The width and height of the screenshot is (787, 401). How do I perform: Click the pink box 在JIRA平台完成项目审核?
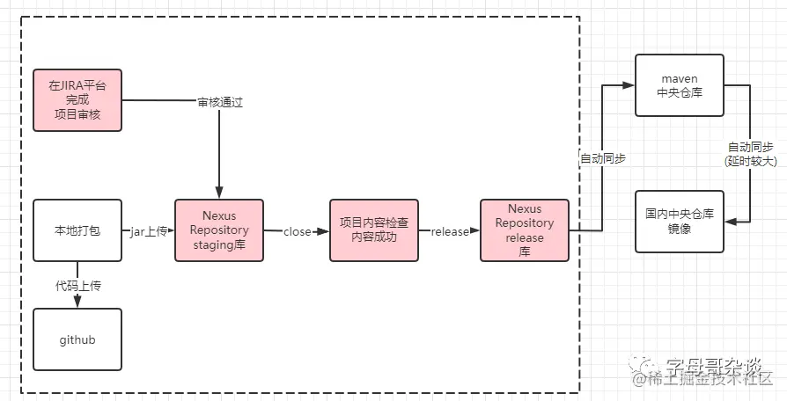tap(77, 100)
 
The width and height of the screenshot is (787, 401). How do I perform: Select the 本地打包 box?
tap(77, 230)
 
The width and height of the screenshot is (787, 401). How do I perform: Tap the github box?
tap(77, 339)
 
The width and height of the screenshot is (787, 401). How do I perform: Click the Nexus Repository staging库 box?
tap(219, 230)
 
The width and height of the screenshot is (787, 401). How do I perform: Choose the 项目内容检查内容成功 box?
tap(374, 230)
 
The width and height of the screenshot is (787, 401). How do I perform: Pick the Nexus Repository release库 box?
tap(525, 230)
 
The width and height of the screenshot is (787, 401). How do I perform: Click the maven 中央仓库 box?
tap(679, 85)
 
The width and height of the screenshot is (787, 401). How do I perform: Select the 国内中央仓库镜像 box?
tap(679, 220)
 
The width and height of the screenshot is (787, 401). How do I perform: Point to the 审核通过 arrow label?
tap(219, 102)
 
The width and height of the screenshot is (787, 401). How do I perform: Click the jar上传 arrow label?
tap(148, 231)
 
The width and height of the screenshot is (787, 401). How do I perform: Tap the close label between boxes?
tap(297, 231)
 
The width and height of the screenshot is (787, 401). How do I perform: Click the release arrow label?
tap(449, 231)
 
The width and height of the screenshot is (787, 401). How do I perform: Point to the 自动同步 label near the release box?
tap(601, 159)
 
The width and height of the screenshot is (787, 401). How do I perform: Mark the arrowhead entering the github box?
tap(77, 303)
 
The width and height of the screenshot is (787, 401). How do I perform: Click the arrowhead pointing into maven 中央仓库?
tap(629, 85)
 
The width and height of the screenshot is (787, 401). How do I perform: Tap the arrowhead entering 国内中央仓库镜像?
tap(729, 221)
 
